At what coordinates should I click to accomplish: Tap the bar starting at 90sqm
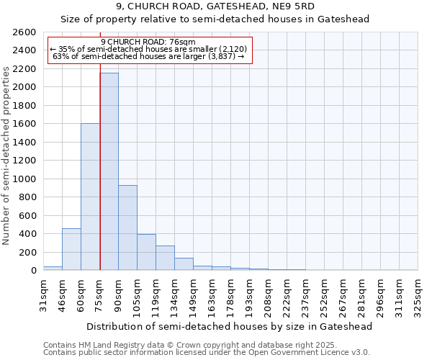[x=127, y=228]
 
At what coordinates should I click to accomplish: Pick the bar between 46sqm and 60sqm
[x=71, y=249]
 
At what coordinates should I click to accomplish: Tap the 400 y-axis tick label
[x=28, y=234]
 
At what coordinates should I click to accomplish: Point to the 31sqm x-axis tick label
[x=43, y=295]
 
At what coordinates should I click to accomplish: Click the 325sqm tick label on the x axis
[x=418, y=295]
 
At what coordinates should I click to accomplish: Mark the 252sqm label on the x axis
[x=324, y=295]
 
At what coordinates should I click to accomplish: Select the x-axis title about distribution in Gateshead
[x=230, y=326]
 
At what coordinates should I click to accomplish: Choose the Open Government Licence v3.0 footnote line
[x=207, y=353]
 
